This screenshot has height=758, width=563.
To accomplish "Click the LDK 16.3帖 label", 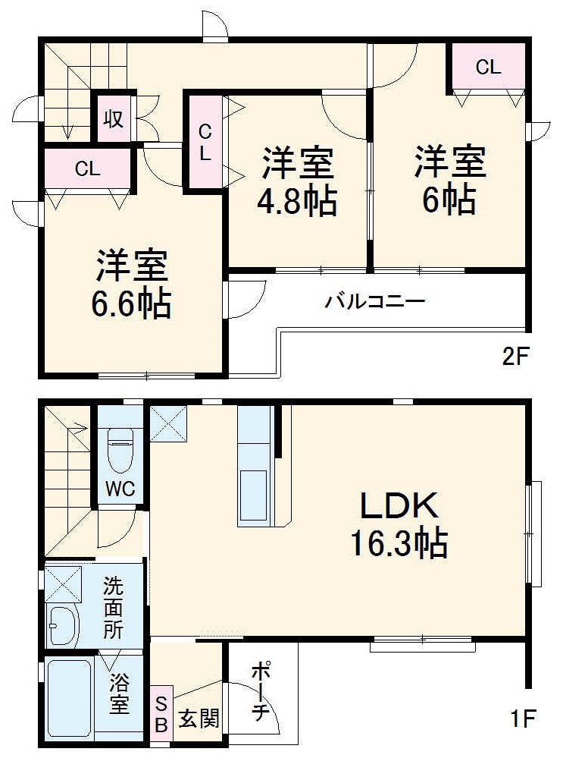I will pos(397,524).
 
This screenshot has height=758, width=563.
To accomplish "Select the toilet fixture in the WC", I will pos(120,451).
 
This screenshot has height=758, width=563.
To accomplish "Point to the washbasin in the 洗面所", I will pos(63,625).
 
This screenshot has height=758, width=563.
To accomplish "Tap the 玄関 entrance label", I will pos(199,717).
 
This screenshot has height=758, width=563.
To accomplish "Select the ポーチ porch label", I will pos(260,692).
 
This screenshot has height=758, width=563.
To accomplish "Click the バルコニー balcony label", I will pos(375,301).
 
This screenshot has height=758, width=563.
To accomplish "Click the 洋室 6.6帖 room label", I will pos(133,285).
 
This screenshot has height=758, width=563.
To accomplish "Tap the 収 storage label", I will pos(114,119).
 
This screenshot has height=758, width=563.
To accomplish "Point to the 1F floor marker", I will pos(522,716).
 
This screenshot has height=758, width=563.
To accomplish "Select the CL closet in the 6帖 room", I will pos(489,68).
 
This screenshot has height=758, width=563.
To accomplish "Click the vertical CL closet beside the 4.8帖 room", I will pos(205,142).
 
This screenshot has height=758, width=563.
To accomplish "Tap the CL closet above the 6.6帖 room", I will pos(87,168).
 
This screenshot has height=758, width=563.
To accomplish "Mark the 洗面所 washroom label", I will pos(113,607).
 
